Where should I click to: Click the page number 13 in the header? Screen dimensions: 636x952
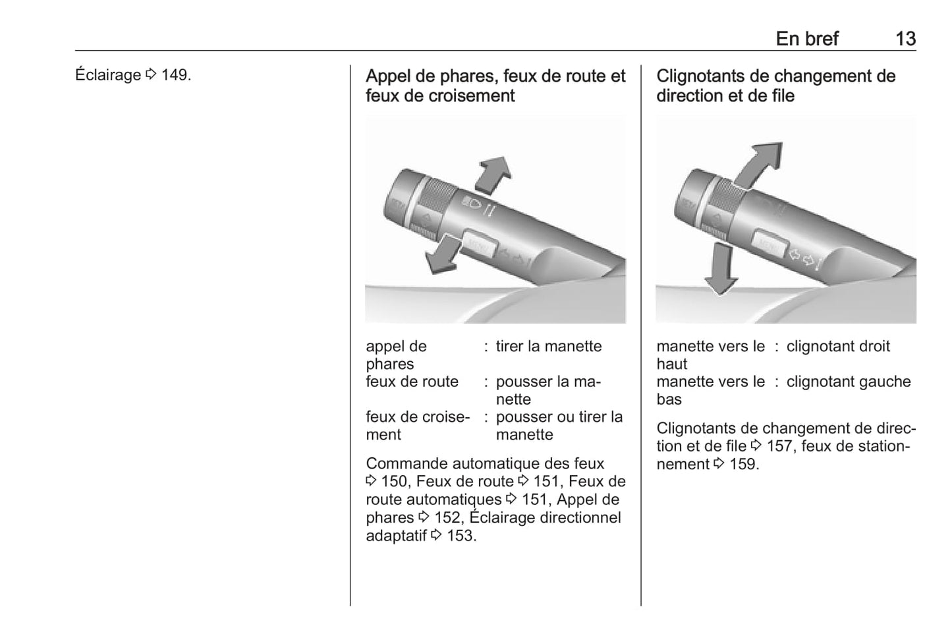click(x=905, y=39)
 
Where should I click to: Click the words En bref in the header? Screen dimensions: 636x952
click(x=807, y=39)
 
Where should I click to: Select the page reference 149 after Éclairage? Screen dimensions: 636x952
click(x=175, y=75)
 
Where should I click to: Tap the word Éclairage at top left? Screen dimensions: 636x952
click(x=108, y=75)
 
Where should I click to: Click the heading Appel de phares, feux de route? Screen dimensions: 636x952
click(x=495, y=86)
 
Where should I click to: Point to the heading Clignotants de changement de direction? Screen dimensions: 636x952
click(x=775, y=86)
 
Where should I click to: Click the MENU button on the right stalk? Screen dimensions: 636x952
click(x=769, y=243)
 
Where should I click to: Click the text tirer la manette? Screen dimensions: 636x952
click(x=548, y=346)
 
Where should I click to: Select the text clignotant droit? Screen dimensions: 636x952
click(x=838, y=346)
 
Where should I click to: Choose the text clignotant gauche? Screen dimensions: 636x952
click(x=849, y=382)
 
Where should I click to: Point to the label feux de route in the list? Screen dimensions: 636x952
click(x=412, y=382)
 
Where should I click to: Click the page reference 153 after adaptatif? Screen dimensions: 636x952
click(x=461, y=536)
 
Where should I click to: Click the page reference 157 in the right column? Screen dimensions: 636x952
click(x=779, y=446)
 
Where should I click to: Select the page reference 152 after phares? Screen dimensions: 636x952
click(x=447, y=518)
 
